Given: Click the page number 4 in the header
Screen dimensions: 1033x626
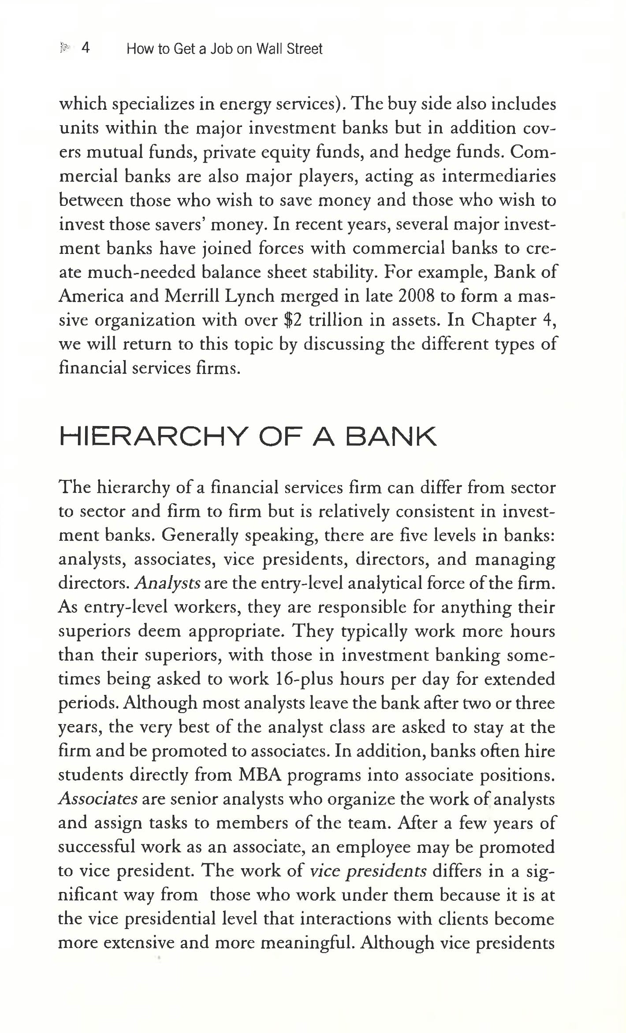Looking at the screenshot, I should tap(86, 48).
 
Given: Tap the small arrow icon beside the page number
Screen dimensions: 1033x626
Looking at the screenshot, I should tap(65, 48).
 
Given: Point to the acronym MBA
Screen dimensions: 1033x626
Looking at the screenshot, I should tap(260, 775).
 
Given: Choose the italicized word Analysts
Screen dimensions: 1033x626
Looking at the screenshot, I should tap(168, 583).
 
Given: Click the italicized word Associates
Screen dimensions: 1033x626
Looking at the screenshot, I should tap(98, 799).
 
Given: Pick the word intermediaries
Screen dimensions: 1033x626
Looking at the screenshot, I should tap(499, 176).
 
